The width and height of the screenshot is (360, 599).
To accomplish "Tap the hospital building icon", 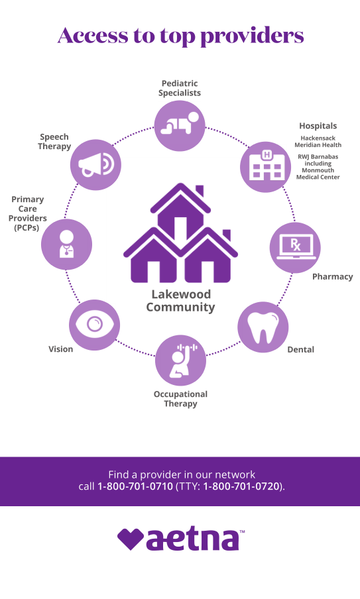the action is pos(266,167).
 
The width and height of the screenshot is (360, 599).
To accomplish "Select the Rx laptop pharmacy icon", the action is pos(295,247).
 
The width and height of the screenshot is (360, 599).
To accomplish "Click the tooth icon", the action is pos(263,327).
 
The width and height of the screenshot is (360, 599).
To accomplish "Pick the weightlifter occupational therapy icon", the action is pos(180,360).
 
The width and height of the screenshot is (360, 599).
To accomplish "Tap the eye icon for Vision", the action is pos(94,325).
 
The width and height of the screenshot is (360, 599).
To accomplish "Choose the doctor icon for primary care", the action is pos(66,245).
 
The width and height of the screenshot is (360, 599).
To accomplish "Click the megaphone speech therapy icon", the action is pos(95,164).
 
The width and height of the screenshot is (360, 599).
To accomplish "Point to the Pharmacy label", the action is pos(332,276).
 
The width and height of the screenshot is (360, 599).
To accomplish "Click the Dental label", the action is pos(301,350).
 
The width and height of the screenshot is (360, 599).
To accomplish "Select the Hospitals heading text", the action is pos(318,126).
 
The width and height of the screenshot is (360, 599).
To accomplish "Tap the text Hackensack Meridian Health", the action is pos(318,141).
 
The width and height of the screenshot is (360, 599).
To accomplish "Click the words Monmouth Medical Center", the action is pos(318,174).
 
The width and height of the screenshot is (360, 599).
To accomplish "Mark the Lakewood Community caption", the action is pos(180,301).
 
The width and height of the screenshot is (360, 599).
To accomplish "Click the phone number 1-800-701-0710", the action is pos(135,486).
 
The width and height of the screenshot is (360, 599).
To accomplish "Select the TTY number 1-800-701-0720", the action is pos(241,486).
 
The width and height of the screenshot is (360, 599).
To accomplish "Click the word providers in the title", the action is pos(252,36).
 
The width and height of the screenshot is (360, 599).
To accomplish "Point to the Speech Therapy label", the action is pos(54,142).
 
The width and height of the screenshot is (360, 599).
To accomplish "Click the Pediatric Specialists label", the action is pos(180,88).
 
